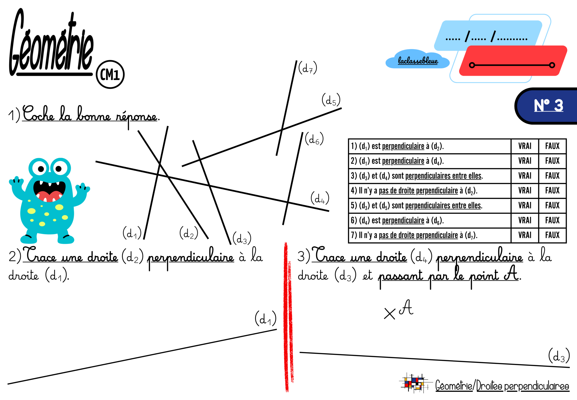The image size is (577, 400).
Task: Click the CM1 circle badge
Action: (110, 74)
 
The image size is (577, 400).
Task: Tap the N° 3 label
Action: (548, 105)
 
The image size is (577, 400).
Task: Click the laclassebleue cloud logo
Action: (417, 59)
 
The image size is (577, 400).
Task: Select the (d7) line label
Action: (307, 68)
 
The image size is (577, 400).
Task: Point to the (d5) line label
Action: (331, 100)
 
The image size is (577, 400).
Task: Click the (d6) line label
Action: (314, 139)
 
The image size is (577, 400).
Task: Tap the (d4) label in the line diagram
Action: (320, 198)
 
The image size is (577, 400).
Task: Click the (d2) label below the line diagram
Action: (189, 233)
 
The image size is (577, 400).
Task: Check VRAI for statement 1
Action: (524, 146)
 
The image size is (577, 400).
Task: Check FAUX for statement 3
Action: (552, 176)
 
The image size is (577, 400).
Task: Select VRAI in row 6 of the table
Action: (524, 220)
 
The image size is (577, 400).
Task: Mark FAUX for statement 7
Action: (552, 235)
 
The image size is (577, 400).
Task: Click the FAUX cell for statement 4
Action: (552, 191)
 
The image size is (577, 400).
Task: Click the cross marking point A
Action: (389, 314)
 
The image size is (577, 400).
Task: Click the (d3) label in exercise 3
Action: (559, 356)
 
